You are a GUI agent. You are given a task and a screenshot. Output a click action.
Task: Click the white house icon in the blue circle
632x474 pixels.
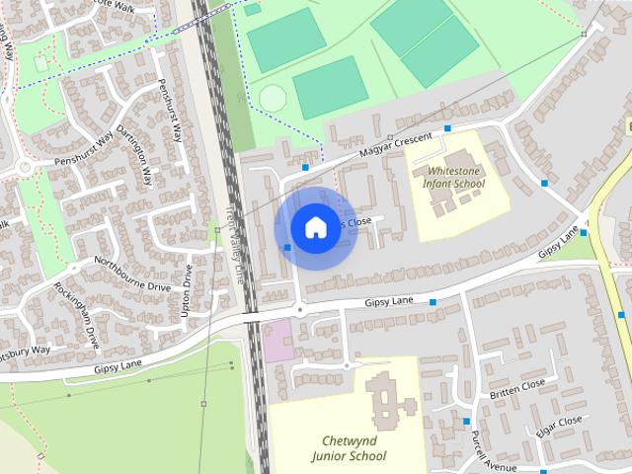314,227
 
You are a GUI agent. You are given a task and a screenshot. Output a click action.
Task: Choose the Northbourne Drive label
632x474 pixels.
132,274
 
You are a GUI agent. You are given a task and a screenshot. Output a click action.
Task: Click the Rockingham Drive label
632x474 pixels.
77,316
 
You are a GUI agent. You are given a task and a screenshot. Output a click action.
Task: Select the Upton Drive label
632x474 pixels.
187,289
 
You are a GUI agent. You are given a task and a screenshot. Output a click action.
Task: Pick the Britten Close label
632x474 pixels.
516,388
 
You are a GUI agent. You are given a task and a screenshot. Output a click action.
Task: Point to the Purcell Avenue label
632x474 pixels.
494,452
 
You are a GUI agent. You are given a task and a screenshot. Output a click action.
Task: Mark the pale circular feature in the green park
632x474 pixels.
273,98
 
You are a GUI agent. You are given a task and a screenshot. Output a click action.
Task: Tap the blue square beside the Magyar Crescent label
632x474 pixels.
447,128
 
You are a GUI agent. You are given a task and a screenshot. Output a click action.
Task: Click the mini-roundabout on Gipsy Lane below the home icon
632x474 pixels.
300,309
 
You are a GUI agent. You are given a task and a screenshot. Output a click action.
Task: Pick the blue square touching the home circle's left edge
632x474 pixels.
287,247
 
